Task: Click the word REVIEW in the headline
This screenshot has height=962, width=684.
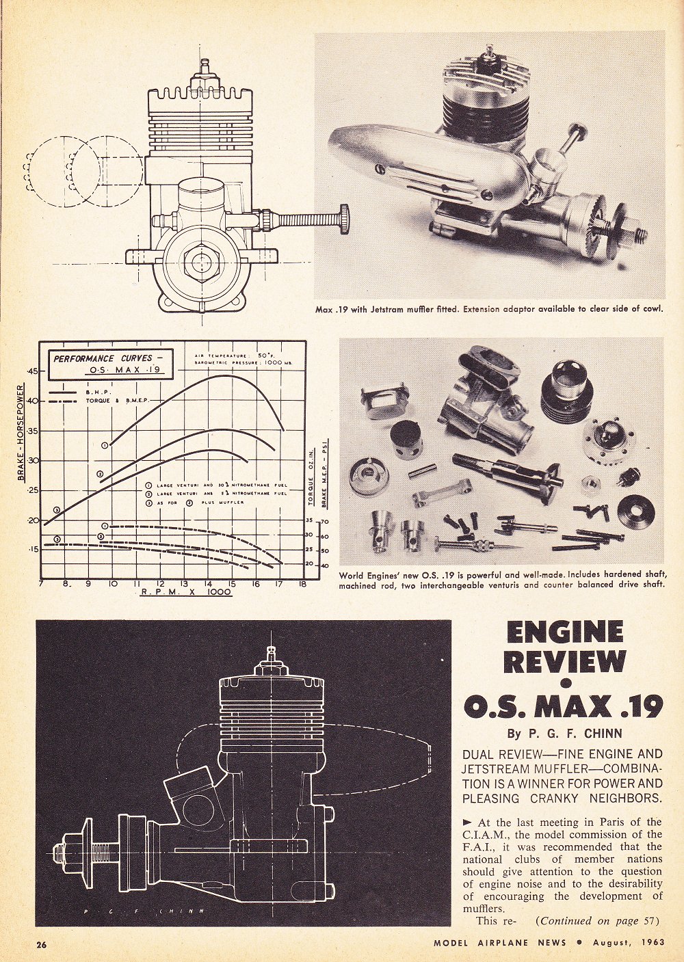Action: tap(565, 663)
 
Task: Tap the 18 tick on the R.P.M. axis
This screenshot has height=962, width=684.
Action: tap(302, 585)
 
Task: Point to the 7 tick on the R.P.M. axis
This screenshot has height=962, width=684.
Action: tap(42, 585)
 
